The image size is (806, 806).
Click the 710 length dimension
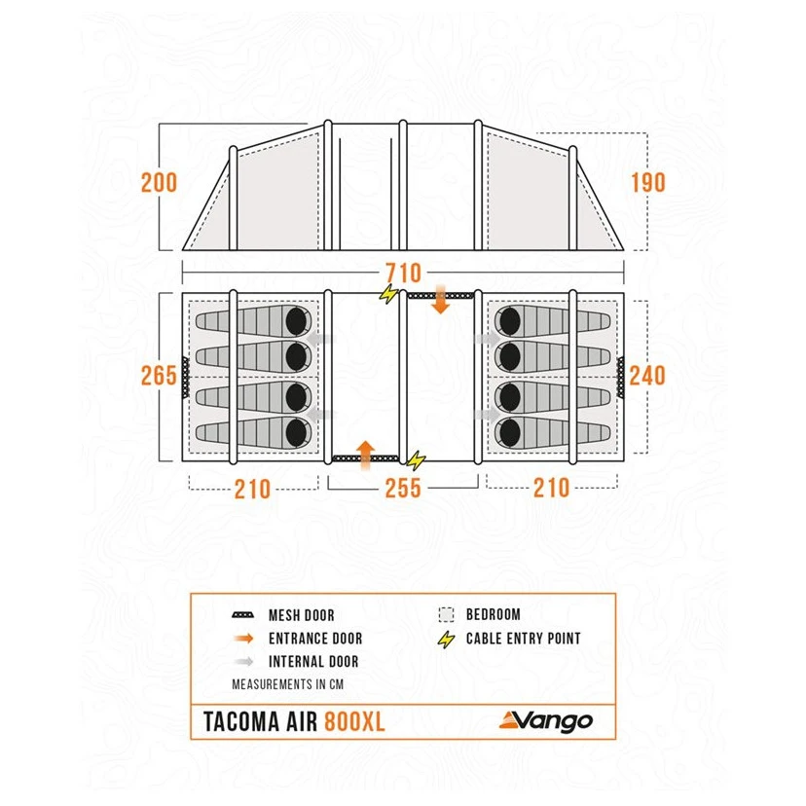(x=404, y=273)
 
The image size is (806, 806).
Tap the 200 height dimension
(x=160, y=183)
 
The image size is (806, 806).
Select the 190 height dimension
(x=648, y=183)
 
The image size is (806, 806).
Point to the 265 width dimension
(x=159, y=375)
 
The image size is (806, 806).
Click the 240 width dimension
(x=647, y=375)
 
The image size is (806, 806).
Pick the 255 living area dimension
(x=403, y=489)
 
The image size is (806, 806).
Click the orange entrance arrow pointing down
(x=441, y=298)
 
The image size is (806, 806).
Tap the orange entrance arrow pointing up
(x=365, y=456)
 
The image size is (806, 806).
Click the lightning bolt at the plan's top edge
(x=389, y=294)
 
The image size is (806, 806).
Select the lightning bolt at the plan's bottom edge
(x=417, y=460)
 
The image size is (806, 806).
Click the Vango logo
(x=546, y=721)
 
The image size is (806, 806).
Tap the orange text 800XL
(x=354, y=721)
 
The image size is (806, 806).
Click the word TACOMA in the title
(x=241, y=721)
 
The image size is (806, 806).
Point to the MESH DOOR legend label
(x=302, y=615)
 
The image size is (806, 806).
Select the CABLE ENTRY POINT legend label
(x=524, y=639)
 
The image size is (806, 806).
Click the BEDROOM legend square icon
(x=447, y=615)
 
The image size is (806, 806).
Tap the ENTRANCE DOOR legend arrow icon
(x=243, y=639)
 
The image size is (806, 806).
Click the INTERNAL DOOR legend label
(x=313, y=662)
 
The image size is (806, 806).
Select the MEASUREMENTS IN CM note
(x=288, y=684)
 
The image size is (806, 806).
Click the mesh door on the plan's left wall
(x=186, y=377)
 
